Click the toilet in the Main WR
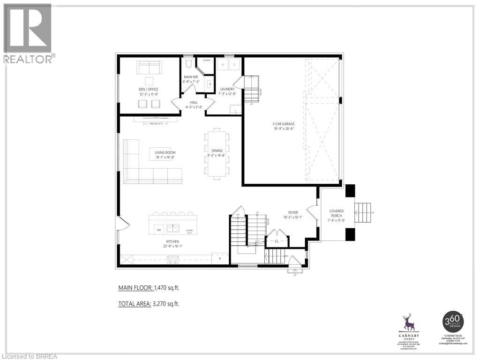click(x=188, y=63)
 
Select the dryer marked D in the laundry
click(x=234, y=65)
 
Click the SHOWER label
click(x=206, y=60)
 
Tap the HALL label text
click(x=193, y=102)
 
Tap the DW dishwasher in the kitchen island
click(x=159, y=230)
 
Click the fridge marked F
click(x=219, y=258)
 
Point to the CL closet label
click(x=277, y=241)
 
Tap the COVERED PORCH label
click(x=337, y=214)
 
